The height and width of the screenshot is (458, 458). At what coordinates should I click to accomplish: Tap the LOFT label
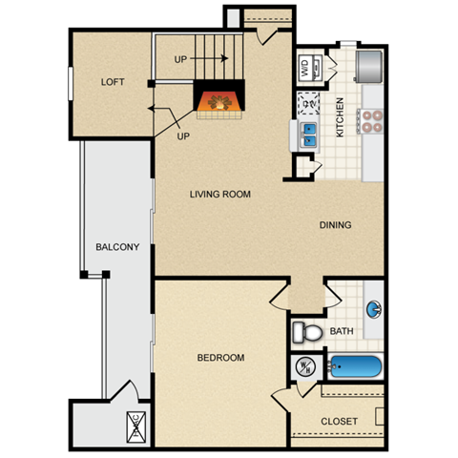point(113,82)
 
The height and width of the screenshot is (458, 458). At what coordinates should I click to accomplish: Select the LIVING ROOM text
point(219,194)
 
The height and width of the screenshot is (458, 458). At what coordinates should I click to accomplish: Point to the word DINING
point(335,225)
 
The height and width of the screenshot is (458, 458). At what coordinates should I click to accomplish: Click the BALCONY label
point(117,247)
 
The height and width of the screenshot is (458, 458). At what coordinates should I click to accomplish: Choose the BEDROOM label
point(220,358)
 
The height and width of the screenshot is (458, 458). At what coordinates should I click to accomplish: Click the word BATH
point(341,332)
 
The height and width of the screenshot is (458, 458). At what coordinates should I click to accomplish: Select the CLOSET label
point(340,421)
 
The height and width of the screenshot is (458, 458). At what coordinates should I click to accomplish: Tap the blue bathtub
point(354,366)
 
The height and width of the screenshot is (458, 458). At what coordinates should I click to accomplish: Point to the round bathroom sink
point(375,309)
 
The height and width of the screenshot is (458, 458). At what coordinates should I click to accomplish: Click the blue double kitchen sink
point(309,135)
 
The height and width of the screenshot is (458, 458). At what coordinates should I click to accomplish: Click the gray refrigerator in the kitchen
point(370,62)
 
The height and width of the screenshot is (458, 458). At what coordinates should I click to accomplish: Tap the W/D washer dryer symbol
point(305,67)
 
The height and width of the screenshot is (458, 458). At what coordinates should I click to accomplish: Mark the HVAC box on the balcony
point(135,427)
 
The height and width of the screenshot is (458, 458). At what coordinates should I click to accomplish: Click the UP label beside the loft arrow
point(183,135)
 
